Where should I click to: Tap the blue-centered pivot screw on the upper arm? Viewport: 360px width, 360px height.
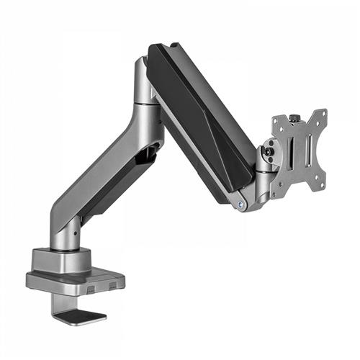(240, 204)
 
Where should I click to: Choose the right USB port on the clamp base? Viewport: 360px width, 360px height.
(112, 286)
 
